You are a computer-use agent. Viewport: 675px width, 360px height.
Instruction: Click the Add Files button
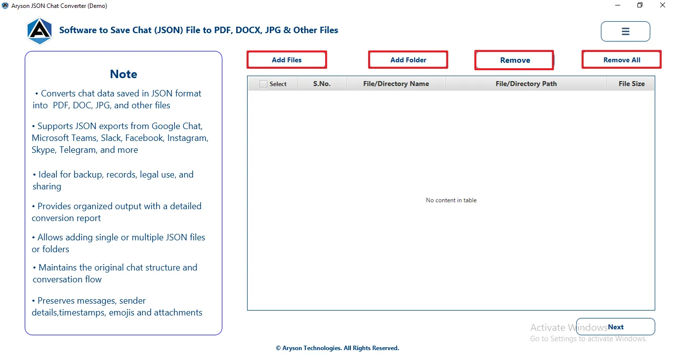[287, 60]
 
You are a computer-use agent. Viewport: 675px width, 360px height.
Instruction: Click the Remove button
[514, 60]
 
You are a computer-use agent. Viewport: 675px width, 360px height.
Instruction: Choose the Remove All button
[621, 60]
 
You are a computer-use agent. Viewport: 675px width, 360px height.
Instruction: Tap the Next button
[615, 327]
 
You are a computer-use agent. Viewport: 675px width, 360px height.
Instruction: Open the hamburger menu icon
[625, 31]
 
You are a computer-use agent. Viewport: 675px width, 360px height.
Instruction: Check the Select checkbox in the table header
[263, 84]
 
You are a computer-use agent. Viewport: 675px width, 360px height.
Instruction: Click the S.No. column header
[322, 84]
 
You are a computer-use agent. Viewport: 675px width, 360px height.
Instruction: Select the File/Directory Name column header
[396, 84]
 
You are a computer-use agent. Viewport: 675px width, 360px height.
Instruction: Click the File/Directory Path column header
[526, 84]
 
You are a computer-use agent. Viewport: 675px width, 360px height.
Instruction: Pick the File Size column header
[632, 84]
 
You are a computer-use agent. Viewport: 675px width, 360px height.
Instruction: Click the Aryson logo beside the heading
[40, 31]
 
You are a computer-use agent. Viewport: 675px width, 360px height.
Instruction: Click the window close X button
[662, 5]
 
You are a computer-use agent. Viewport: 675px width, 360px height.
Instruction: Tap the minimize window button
[618, 5]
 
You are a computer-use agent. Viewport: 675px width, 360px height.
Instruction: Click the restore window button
[640, 5]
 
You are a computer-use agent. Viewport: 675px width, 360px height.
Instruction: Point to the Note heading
[124, 74]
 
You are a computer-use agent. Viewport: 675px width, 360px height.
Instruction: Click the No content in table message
[451, 200]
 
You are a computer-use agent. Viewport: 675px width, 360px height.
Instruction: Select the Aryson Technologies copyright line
[337, 348]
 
